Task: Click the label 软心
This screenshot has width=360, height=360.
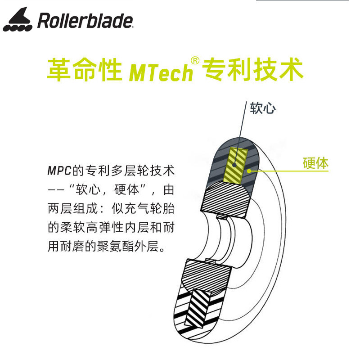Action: click(x=263, y=108)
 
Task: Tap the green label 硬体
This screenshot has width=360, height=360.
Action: click(x=315, y=162)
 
